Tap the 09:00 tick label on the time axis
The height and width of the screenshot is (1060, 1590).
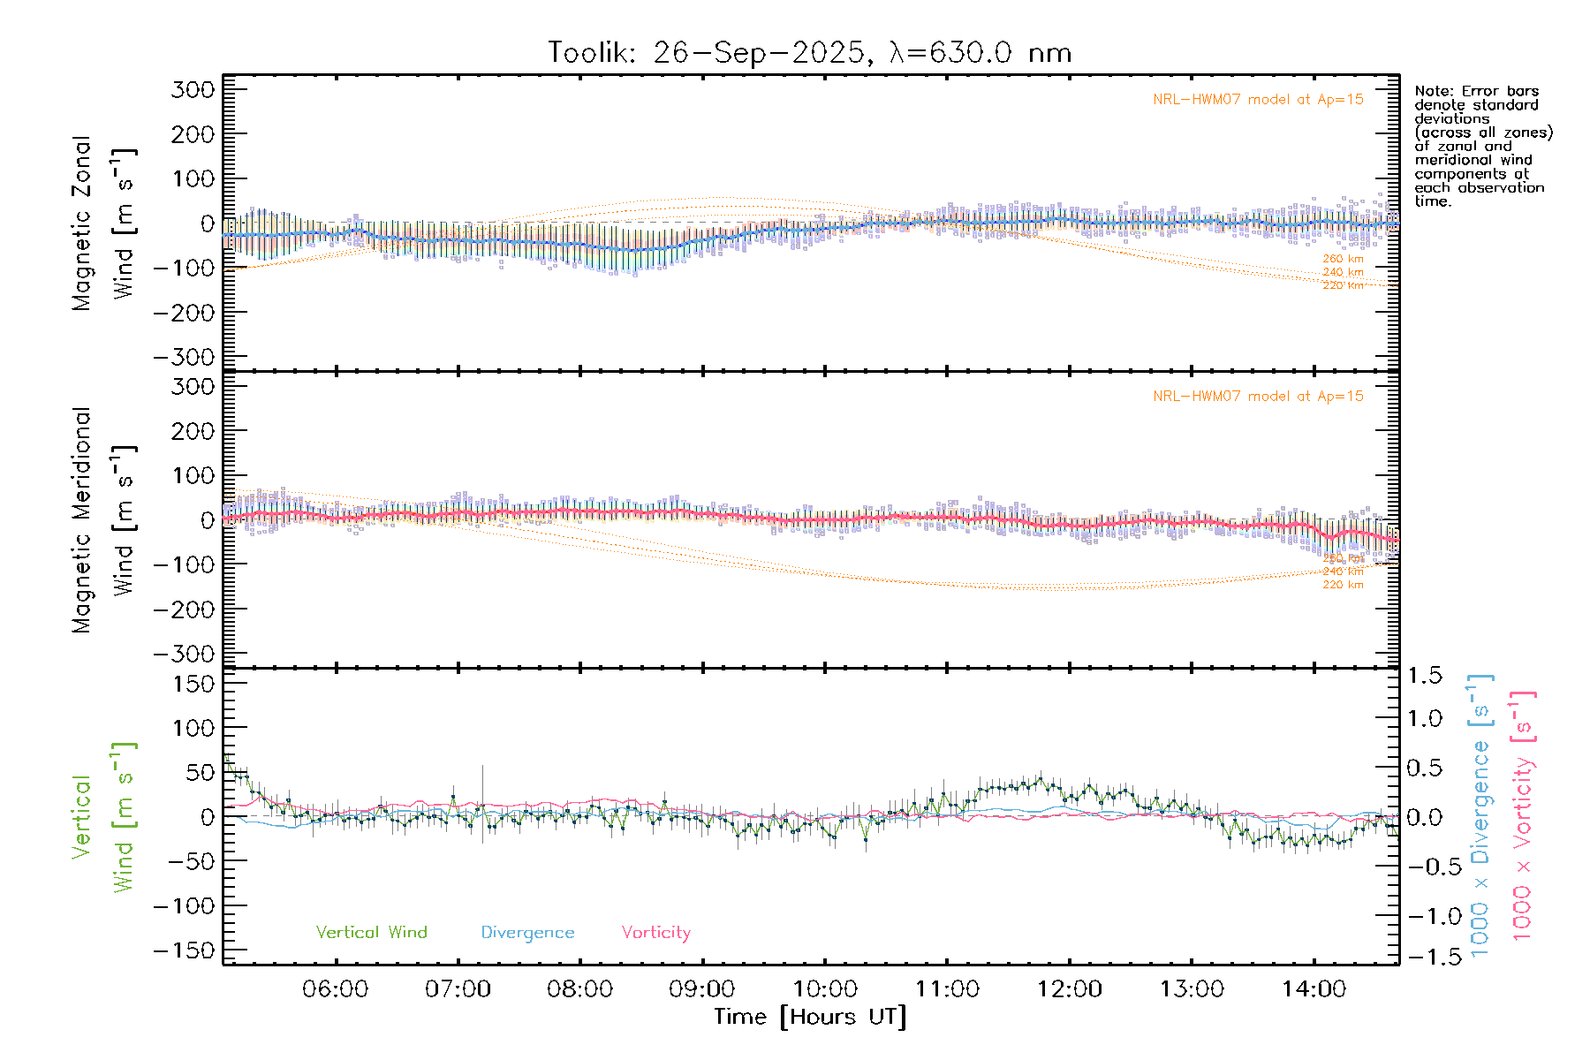[702, 988]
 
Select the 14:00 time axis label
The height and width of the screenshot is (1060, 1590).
[1314, 988]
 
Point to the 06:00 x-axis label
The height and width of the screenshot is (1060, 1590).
[335, 988]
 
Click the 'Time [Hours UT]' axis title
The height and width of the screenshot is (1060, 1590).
[810, 1017]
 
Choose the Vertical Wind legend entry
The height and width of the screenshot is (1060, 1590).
[371, 932]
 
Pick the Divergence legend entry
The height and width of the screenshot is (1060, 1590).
[527, 932]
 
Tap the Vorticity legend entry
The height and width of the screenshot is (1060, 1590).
[655, 932]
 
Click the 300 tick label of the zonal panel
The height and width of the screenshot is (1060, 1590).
[193, 89]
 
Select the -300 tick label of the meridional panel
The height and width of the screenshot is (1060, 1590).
[185, 654]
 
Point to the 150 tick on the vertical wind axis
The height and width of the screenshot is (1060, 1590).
[193, 684]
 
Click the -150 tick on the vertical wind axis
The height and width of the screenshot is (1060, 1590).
[185, 950]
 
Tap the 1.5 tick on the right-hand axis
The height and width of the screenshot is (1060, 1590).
[1425, 676]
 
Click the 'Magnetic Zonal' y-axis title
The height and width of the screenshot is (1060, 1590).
[82, 223]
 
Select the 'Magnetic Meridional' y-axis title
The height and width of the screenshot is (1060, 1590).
[82, 519]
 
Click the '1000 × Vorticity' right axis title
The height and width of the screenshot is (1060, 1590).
[1523, 814]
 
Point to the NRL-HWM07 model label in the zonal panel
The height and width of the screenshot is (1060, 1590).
[1258, 100]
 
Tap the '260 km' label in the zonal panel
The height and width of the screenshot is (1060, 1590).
[1343, 259]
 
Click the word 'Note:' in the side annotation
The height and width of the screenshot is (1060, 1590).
[1431, 91]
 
